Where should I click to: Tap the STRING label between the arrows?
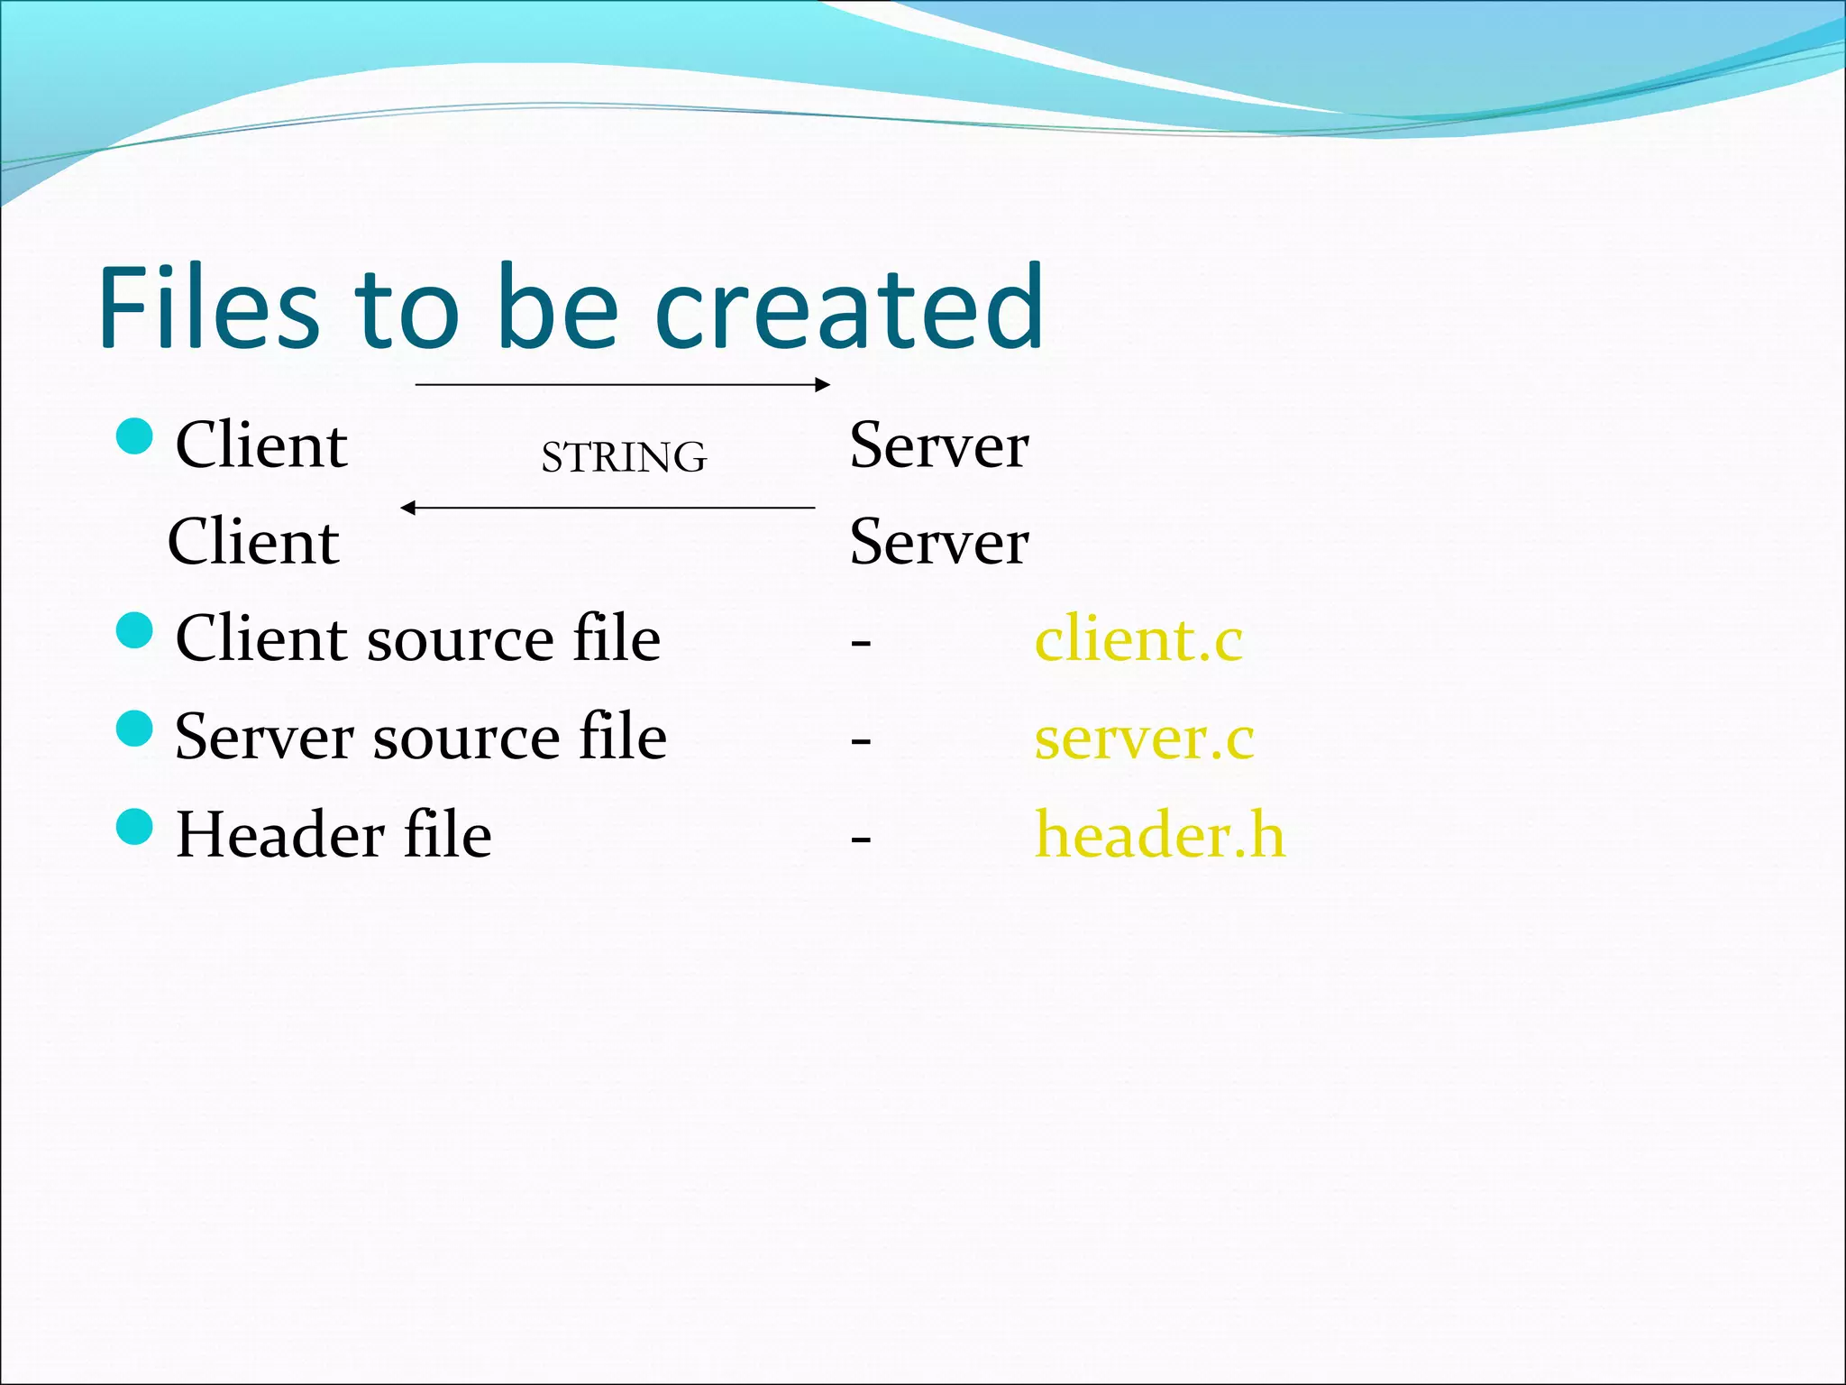(x=624, y=457)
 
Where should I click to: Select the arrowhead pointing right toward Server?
(x=822, y=385)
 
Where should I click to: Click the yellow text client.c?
(x=1138, y=639)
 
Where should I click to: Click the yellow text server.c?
(x=1144, y=738)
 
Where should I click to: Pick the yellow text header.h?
(x=1159, y=835)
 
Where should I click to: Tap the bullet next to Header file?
(x=135, y=826)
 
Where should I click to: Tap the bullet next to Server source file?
(x=135, y=729)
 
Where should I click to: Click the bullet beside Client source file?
(x=135, y=630)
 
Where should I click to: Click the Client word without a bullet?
(x=253, y=542)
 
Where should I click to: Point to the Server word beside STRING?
(x=938, y=445)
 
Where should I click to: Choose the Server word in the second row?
(x=938, y=542)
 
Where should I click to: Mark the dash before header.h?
(x=861, y=839)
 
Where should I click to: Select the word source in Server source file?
(x=467, y=739)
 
